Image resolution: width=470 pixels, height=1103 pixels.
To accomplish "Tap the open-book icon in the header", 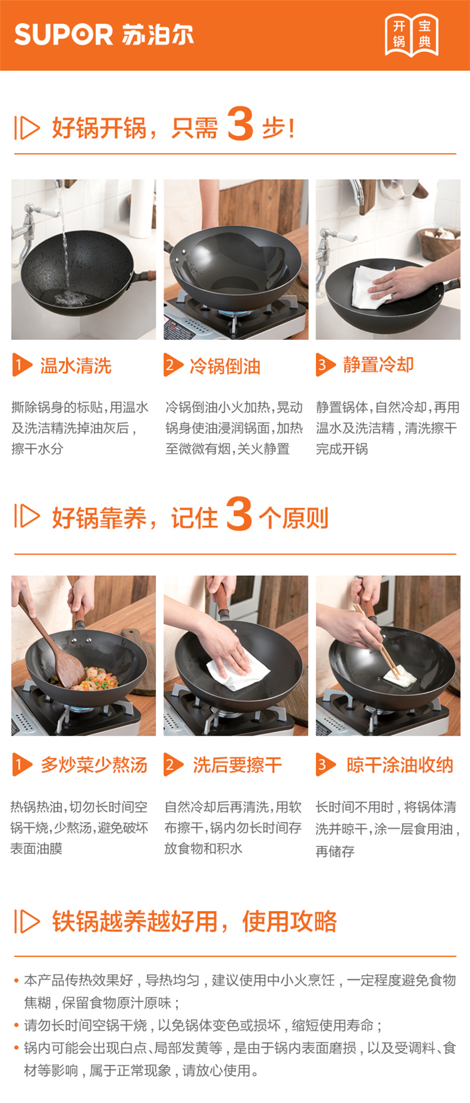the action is (x=412, y=35).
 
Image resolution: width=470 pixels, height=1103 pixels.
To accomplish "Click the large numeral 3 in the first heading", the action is (x=240, y=123).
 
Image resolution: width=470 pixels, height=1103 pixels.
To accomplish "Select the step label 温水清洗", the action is (x=76, y=366).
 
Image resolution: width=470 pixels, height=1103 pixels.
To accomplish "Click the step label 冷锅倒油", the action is (x=225, y=366).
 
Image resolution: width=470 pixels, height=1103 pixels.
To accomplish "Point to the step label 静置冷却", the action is (x=378, y=365).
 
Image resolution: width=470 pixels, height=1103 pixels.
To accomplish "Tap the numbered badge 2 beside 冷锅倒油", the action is (x=173, y=366).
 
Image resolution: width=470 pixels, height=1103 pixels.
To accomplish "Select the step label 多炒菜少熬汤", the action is (x=94, y=765).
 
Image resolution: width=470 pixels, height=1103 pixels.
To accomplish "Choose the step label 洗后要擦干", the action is (x=238, y=765).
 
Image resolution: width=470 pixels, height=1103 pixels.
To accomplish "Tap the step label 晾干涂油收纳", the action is (x=400, y=765).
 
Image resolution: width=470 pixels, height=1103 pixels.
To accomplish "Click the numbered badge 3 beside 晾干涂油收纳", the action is (x=325, y=764).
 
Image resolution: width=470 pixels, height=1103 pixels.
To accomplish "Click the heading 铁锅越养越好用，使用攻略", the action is (x=194, y=921).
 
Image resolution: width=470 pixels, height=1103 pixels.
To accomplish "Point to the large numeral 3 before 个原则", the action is (x=239, y=514).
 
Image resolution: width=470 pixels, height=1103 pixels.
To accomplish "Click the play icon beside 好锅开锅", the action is (x=27, y=128).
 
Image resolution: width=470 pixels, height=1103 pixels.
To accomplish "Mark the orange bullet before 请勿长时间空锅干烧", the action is (x=17, y=1025).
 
